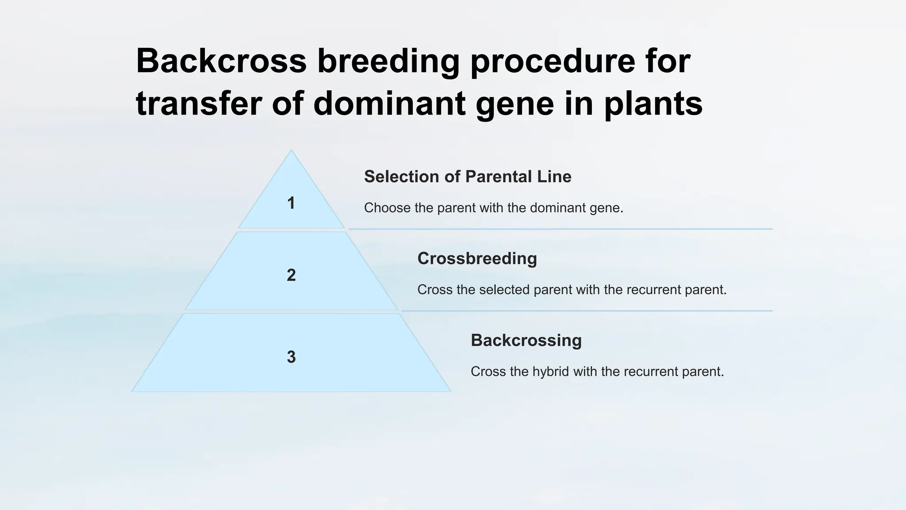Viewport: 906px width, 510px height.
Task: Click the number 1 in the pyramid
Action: [x=291, y=203]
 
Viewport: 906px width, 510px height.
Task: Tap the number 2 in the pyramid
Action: [x=291, y=275]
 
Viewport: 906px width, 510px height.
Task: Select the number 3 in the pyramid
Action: [x=291, y=357]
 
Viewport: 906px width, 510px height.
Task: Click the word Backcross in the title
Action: [x=221, y=61]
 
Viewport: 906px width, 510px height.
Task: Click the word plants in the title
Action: [x=653, y=104]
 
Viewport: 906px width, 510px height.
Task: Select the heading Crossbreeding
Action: [x=477, y=259]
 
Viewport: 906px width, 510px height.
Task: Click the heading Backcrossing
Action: [x=526, y=340]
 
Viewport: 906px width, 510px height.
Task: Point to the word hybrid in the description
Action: [x=550, y=371]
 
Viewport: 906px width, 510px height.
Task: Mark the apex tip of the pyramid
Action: [x=291, y=151]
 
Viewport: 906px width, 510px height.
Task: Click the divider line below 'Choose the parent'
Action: [x=560, y=229]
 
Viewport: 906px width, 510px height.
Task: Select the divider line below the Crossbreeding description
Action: [x=587, y=311]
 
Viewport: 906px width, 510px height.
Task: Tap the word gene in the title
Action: [x=515, y=104]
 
